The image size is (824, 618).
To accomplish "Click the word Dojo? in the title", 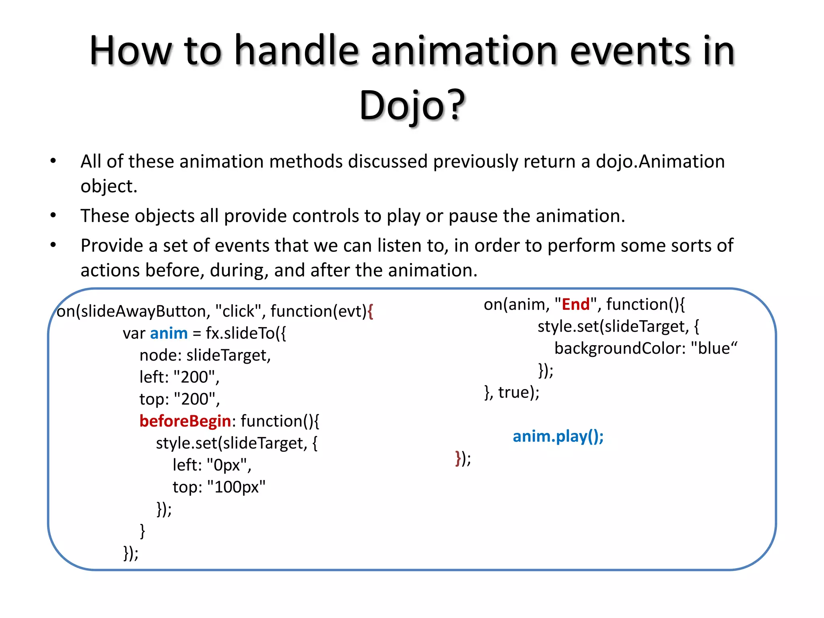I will click(412, 105).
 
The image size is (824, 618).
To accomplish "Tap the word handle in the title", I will click(297, 51).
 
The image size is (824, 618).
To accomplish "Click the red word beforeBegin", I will click(185, 421).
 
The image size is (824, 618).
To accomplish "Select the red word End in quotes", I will click(575, 305).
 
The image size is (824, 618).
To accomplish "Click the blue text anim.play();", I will click(558, 437).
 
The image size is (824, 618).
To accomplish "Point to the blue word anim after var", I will click(169, 334).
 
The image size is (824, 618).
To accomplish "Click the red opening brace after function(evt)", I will click(371, 311).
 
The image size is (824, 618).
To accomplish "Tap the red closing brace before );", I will click(458, 458).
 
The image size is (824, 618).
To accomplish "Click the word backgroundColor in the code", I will click(620, 348).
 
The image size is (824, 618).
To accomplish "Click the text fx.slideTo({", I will click(246, 334).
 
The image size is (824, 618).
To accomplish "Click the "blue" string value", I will click(714, 348).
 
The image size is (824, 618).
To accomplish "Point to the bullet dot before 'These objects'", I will click(53, 216).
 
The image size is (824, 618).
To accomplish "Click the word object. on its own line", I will click(109, 186).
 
